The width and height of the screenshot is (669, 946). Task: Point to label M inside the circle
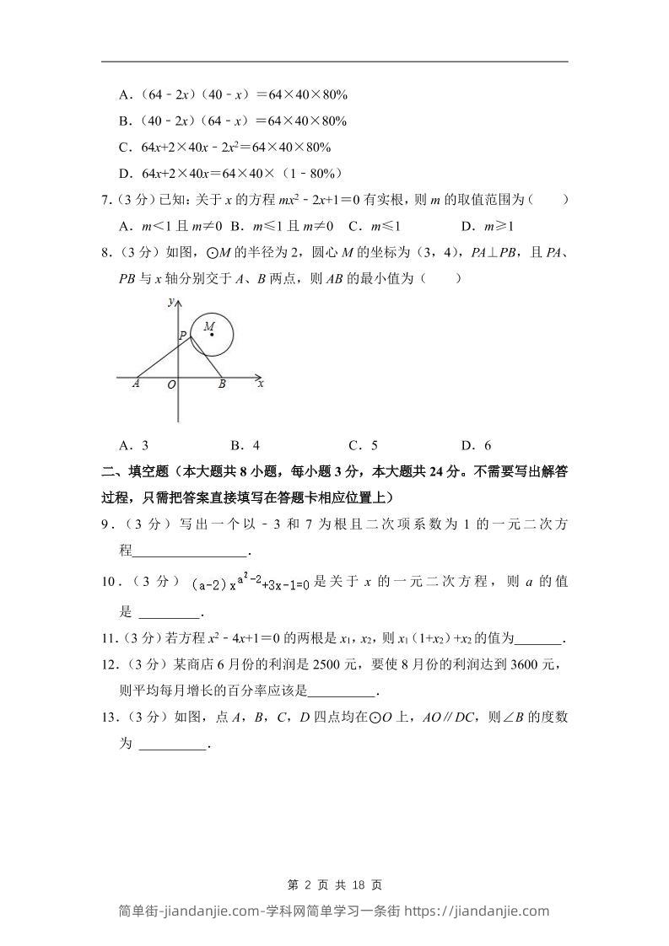click(208, 325)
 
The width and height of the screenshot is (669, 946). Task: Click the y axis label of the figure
click(170, 301)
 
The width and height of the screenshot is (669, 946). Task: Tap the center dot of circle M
click(212, 335)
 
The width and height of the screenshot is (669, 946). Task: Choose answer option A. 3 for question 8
click(135, 445)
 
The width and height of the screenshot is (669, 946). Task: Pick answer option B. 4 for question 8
click(245, 445)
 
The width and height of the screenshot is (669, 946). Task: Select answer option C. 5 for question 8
click(363, 445)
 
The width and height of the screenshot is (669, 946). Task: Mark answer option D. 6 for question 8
click(476, 445)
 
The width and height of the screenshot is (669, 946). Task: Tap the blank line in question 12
click(343, 692)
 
